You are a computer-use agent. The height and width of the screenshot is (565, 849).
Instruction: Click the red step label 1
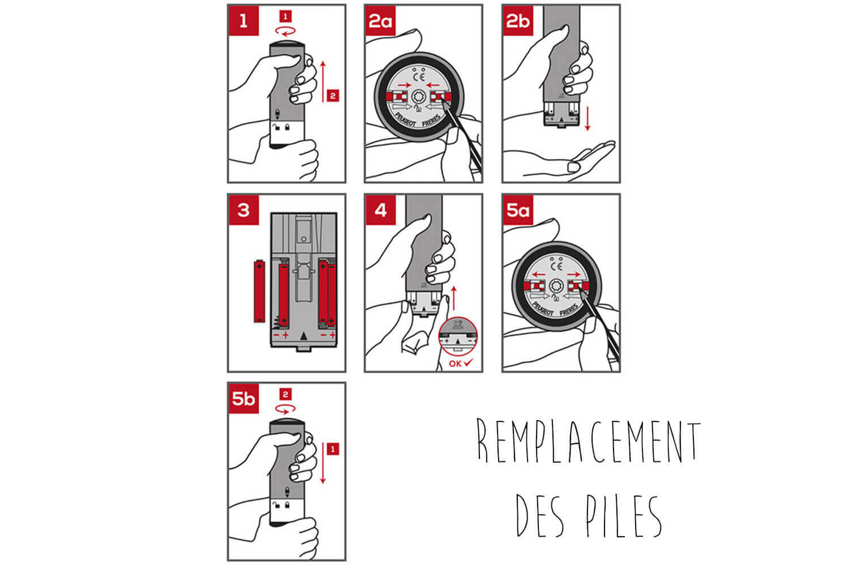(244, 20)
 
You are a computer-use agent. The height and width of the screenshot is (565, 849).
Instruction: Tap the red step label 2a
(380, 20)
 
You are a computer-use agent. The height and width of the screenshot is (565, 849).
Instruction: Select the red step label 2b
(518, 20)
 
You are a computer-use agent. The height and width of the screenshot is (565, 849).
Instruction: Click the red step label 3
(244, 210)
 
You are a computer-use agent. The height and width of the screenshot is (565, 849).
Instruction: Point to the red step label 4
(380, 210)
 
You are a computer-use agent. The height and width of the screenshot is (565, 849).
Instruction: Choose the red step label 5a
(518, 210)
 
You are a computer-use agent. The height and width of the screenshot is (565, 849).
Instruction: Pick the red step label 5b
(244, 399)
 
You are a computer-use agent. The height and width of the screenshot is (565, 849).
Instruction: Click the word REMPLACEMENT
(588, 441)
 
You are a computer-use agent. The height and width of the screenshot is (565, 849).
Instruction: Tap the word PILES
(624, 516)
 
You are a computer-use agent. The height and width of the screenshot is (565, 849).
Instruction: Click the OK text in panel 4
(455, 364)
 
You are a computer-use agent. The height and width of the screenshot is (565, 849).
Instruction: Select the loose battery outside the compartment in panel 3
(259, 291)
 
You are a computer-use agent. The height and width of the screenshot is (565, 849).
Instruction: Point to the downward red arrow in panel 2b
(588, 119)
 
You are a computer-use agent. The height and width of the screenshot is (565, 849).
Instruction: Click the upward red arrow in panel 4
(454, 299)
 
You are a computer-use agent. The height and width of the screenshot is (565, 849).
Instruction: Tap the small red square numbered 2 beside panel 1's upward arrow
(333, 96)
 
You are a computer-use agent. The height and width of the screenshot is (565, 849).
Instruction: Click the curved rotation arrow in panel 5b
(285, 409)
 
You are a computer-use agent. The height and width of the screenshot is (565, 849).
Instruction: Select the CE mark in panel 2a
(419, 77)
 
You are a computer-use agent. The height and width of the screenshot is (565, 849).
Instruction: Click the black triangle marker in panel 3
(303, 336)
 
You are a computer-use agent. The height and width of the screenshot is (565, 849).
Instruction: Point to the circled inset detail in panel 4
(458, 336)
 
